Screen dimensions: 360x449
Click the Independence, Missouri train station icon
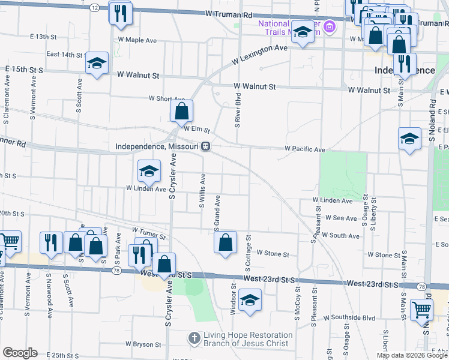[x=205, y=146]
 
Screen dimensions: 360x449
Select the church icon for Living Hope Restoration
[x=194, y=339]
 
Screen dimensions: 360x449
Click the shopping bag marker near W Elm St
[x=181, y=112]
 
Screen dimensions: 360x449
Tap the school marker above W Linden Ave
[x=149, y=172]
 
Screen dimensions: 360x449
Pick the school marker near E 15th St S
[x=96, y=64]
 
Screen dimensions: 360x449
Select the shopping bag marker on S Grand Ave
[x=225, y=243]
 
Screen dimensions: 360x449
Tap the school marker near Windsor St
[x=249, y=300]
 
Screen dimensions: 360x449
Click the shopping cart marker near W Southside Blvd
[x=421, y=310]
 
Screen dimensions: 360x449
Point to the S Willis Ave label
[x=203, y=191]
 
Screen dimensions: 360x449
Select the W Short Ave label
[x=167, y=98]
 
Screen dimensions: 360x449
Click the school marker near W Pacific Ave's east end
[x=409, y=139]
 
